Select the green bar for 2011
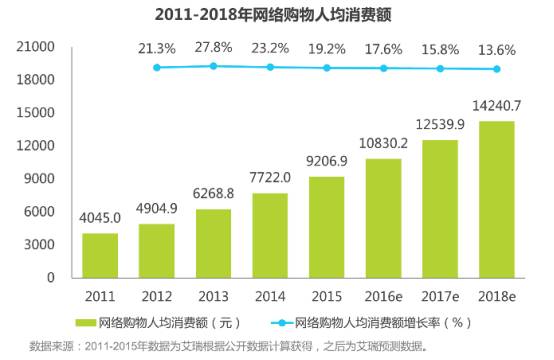tap(100, 255)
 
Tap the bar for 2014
tap(270, 235)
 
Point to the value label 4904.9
tap(157, 212)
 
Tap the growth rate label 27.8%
tap(213, 48)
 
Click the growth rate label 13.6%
tap(497, 48)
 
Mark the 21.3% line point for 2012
tap(157, 68)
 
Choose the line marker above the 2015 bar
tap(327, 68)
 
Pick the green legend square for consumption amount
tap(89, 322)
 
